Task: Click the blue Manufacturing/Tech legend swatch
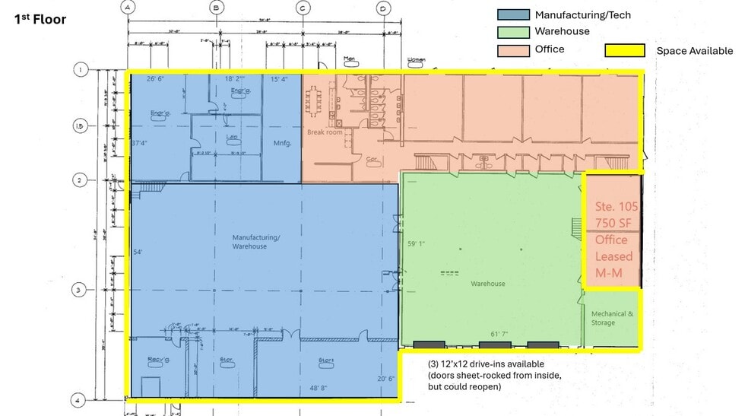pyautogui.click(x=512, y=14)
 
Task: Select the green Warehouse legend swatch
pyautogui.click(x=512, y=32)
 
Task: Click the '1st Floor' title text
pyautogui.click(x=40, y=19)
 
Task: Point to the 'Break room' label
pyautogui.click(x=324, y=132)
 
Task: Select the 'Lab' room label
pyautogui.click(x=232, y=138)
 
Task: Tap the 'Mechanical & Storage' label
pyautogui.click(x=612, y=318)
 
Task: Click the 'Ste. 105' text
pyautogui.click(x=613, y=207)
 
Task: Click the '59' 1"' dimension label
pyautogui.click(x=418, y=244)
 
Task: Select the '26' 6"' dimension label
pyautogui.click(x=156, y=78)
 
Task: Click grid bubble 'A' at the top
pyautogui.click(x=128, y=8)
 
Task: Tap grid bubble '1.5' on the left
pyautogui.click(x=80, y=126)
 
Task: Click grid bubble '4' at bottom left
pyautogui.click(x=79, y=399)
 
